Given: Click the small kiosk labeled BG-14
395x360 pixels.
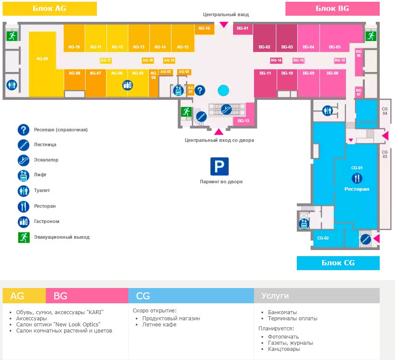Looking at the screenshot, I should [276, 60].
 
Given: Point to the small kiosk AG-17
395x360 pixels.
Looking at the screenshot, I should [106, 60].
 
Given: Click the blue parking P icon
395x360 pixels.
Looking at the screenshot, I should [220, 166].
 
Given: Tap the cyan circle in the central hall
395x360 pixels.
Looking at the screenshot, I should [223, 90].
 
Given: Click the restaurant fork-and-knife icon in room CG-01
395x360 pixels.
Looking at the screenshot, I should [357, 178].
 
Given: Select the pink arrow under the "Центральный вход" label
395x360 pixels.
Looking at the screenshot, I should [223, 24].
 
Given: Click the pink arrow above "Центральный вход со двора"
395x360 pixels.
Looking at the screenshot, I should [218, 132].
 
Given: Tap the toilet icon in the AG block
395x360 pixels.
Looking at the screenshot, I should [11, 85].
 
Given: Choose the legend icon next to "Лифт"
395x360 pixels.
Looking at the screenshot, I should [23, 175].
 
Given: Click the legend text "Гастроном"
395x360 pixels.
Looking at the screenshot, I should [47, 222].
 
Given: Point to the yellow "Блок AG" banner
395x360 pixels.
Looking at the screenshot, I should [50, 8].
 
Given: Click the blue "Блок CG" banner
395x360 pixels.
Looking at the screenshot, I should [338, 263].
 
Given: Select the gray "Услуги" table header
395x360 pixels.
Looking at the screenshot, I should [316, 296].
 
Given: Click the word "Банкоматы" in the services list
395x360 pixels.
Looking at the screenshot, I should [282, 312].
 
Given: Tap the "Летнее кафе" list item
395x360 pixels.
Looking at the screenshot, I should [159, 325].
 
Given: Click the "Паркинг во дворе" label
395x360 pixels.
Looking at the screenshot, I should [221, 182].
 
